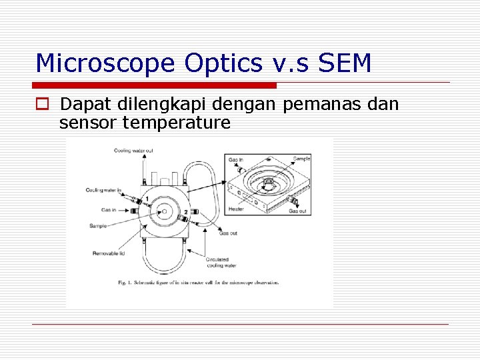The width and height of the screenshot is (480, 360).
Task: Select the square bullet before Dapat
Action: [x=43, y=105]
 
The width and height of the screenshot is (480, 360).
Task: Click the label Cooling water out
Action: [x=133, y=151]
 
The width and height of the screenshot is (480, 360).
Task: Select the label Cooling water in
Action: [x=103, y=190]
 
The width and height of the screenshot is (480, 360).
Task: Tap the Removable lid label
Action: [x=108, y=253]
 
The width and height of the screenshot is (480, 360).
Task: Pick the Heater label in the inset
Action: [x=236, y=209]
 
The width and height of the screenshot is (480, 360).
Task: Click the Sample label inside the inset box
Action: [x=301, y=159]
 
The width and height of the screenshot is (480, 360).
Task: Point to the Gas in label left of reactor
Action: [x=109, y=210]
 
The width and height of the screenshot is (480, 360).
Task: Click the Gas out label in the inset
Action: [x=298, y=211]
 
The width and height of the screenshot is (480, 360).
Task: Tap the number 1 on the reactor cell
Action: [x=147, y=199]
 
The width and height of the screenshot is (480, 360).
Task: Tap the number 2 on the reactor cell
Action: [x=177, y=212]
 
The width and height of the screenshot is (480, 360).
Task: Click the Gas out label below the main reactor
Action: [x=228, y=233]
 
